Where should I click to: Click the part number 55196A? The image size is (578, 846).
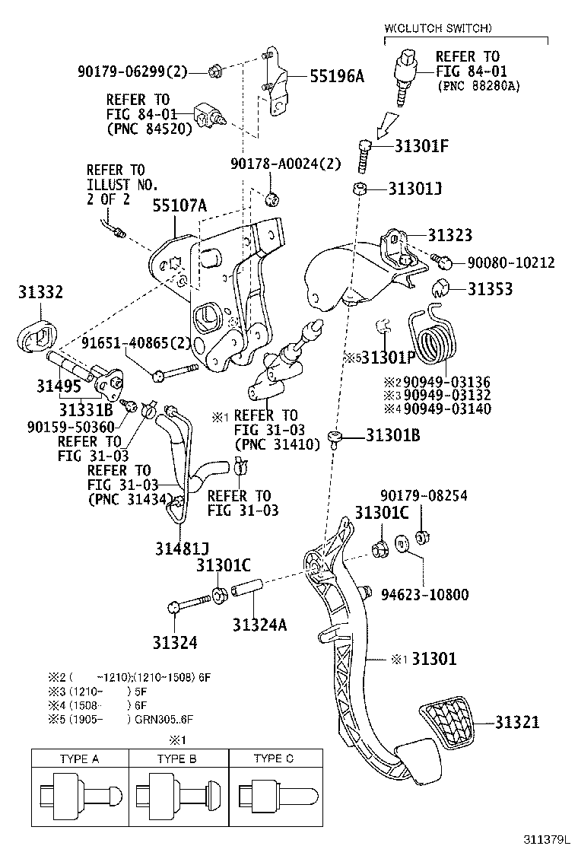coord(336,75)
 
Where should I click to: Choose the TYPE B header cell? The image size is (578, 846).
coord(177,759)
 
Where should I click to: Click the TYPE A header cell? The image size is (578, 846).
coord(79,759)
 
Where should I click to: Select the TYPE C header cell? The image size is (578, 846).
coord(274,759)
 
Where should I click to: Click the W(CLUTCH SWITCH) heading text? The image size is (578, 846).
coord(438,28)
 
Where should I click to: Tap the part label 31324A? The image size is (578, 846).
coord(259,625)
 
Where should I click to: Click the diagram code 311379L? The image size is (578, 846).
coord(546,838)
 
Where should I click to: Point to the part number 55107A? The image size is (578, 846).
coord(179,205)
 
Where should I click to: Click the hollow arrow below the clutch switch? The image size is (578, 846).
coord(388,120)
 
